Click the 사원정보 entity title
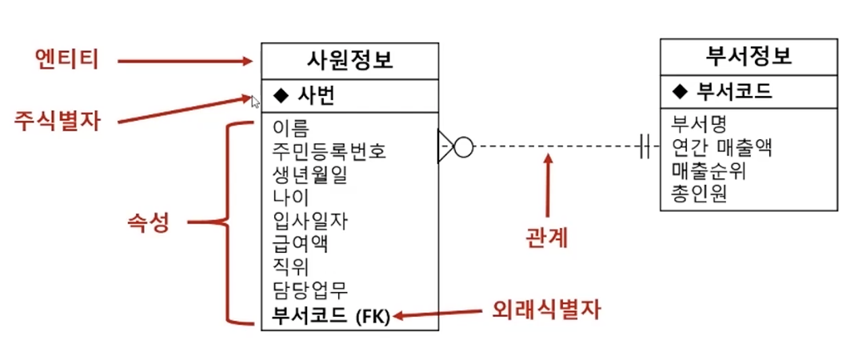[349, 60]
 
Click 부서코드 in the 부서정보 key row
[734, 91]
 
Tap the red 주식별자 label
[58, 122]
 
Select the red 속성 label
[148, 222]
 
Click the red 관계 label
[547, 238]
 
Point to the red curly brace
[228, 223]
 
